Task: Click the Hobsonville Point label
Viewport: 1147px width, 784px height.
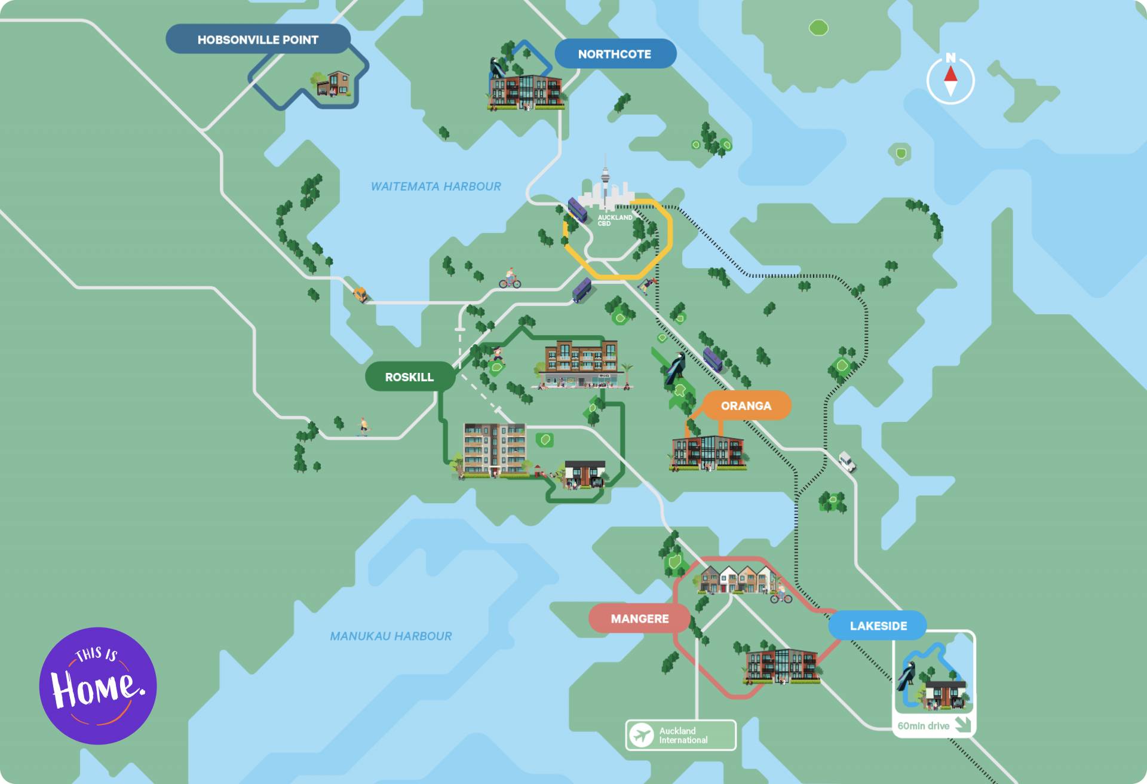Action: point(257,39)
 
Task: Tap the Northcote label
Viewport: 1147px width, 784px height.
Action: point(615,54)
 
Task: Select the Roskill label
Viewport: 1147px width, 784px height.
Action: point(409,377)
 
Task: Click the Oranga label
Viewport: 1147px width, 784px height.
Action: point(746,406)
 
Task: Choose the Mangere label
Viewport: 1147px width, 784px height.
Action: point(639,618)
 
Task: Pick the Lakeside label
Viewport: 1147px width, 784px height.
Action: point(878,626)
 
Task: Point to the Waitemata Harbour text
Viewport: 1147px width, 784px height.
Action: point(436,186)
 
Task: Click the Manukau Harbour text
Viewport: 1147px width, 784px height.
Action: point(391,636)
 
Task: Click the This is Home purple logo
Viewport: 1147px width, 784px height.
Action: point(98,685)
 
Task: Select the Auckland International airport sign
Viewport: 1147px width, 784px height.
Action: point(681,735)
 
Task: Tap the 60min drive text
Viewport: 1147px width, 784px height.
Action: point(923,726)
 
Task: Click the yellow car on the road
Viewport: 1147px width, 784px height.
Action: point(360,294)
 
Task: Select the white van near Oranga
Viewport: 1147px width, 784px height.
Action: point(847,461)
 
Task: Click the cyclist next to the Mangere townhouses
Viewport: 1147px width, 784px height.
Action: point(781,594)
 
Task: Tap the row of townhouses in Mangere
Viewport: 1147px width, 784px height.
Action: point(738,579)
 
